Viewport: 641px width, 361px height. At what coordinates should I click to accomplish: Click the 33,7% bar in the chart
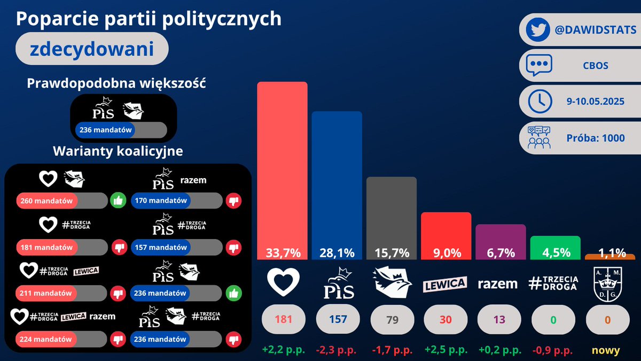pyautogui.click(x=282, y=171)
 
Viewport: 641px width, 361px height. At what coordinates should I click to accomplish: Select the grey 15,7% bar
pyautogui.click(x=392, y=218)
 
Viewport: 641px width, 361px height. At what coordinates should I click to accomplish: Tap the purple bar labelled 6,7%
pyautogui.click(x=501, y=242)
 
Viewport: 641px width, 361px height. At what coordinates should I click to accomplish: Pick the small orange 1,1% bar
pyautogui.click(x=610, y=257)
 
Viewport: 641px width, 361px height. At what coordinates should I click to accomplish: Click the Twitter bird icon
pyautogui.click(x=538, y=29)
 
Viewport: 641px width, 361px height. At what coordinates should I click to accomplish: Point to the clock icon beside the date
pyautogui.click(x=540, y=102)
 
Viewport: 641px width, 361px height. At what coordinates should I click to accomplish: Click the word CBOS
pyautogui.click(x=596, y=66)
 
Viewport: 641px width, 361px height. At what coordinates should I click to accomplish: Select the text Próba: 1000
pyautogui.click(x=596, y=138)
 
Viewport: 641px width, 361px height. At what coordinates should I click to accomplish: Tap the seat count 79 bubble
pyautogui.click(x=392, y=319)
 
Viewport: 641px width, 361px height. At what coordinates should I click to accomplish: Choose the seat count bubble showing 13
pyautogui.click(x=499, y=319)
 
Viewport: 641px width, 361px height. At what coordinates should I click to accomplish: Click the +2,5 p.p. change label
pyautogui.click(x=446, y=350)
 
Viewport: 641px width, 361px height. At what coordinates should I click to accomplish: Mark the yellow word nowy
pyautogui.click(x=606, y=350)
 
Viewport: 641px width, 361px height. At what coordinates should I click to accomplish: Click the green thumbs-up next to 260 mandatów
pyautogui.click(x=118, y=201)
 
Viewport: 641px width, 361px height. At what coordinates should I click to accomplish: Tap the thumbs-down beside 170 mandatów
pyautogui.click(x=233, y=201)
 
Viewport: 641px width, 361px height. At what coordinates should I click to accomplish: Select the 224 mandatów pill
pyautogui.click(x=61, y=339)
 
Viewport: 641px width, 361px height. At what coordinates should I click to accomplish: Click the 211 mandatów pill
pyautogui.click(x=61, y=293)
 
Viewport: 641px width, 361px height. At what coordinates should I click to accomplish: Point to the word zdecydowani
pyautogui.click(x=92, y=49)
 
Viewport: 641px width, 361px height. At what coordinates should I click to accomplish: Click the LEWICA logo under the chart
pyautogui.click(x=445, y=284)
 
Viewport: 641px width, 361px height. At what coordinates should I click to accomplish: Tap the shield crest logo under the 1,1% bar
pyautogui.click(x=607, y=284)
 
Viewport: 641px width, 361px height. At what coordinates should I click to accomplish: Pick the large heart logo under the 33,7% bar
pyautogui.click(x=283, y=282)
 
